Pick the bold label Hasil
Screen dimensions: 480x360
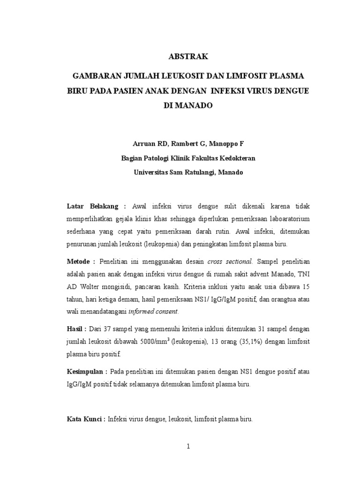tap(75, 329)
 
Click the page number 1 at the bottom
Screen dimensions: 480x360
tap(188, 447)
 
